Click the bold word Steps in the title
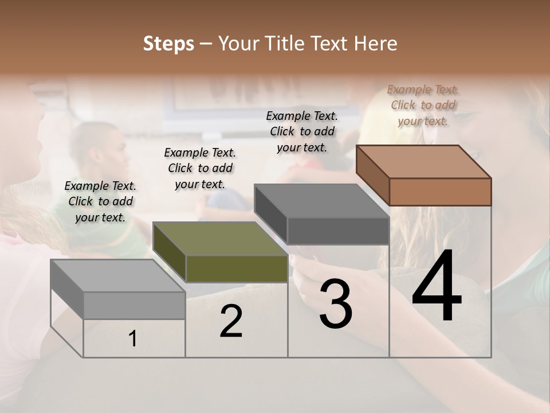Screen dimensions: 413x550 point(168,44)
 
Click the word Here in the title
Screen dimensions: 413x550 point(375,44)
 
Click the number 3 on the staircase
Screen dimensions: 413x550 point(336,304)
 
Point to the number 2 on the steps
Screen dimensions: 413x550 point(231,321)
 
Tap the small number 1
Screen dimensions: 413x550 point(133,339)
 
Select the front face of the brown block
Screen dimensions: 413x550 point(440,192)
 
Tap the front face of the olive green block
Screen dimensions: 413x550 point(237,268)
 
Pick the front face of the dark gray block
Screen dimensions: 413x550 point(338,231)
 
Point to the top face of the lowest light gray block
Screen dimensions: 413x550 point(117,276)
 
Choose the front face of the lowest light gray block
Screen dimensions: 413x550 point(134,305)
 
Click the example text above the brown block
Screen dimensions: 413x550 point(423,105)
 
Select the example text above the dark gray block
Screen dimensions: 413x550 point(302,131)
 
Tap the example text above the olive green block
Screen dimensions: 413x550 point(200,168)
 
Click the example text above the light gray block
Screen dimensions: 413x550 point(100,201)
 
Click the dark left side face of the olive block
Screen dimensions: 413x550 point(170,252)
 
